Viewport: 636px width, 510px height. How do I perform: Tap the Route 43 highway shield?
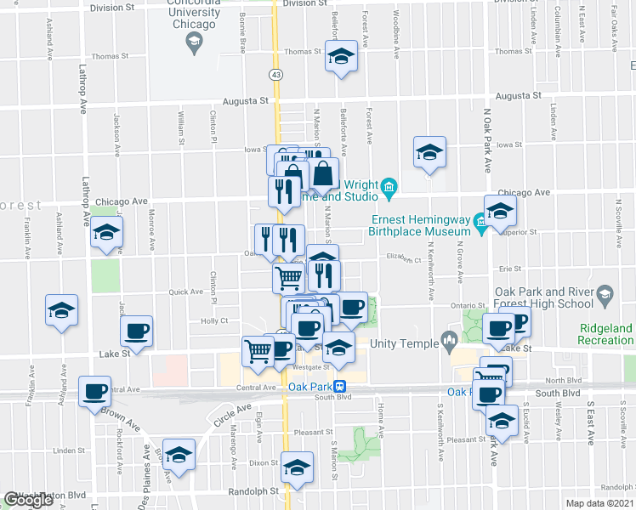coord(276,76)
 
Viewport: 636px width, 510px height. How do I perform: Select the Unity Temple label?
coord(403,343)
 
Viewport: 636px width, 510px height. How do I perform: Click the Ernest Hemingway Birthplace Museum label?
coord(420,224)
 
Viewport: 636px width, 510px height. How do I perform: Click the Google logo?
coord(29,500)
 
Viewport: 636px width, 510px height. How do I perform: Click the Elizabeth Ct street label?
coord(404,258)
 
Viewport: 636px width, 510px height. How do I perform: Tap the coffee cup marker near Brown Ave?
coord(94,392)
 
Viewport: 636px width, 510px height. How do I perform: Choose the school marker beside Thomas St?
coord(341,58)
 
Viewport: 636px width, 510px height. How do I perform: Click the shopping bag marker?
coord(324,176)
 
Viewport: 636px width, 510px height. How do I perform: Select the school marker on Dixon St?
coord(296,468)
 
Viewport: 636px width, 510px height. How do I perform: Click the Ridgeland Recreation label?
coord(606,334)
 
